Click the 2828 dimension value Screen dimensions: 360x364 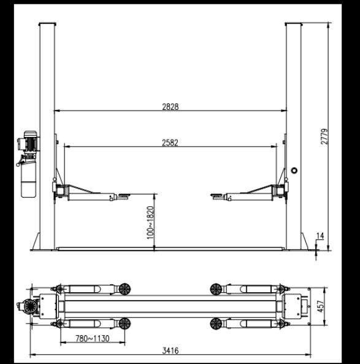[170, 107]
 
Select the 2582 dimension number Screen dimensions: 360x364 [170, 142]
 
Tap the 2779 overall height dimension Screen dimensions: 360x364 [324, 136]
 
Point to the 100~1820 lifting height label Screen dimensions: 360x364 [150, 222]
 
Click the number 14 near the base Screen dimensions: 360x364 [320, 236]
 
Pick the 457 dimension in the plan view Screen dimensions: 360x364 [320, 306]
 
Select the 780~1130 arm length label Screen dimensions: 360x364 [93, 338]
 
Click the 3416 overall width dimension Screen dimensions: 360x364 [170, 350]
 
